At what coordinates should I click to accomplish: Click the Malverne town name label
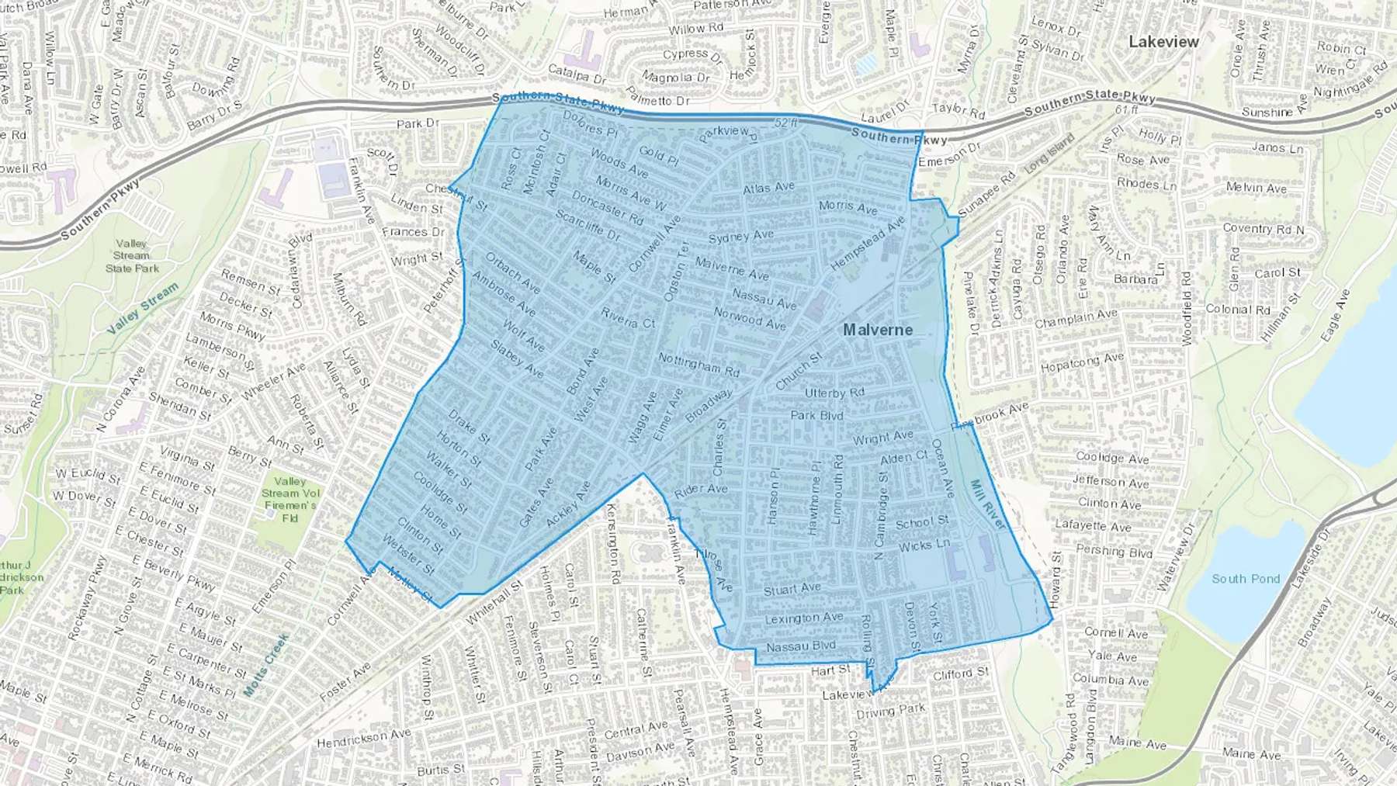[x=878, y=330]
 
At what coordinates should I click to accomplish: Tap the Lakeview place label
[x=1163, y=42]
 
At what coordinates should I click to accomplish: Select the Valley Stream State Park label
[x=132, y=256]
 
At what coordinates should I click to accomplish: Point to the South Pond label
[x=1246, y=579]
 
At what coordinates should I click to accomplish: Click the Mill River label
[x=987, y=505]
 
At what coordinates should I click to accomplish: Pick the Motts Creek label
[x=266, y=664]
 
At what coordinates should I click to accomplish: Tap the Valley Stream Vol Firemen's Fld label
[x=290, y=499]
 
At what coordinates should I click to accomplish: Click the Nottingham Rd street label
[x=698, y=364]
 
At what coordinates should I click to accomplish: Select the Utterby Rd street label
[x=834, y=393]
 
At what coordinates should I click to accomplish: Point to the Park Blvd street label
[x=816, y=415]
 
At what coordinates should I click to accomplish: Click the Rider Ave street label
[x=701, y=490]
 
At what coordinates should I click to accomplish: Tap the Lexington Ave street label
[x=803, y=618]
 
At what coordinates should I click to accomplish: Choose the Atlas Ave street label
[x=768, y=188]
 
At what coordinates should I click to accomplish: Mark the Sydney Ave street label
[x=740, y=236]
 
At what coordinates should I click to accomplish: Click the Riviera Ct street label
[x=628, y=318]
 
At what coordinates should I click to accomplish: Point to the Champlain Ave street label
[x=1076, y=318]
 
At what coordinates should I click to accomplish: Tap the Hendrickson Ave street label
[x=363, y=738]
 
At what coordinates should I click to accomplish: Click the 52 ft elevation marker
[x=786, y=123]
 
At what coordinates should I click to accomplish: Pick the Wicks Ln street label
[x=924, y=545]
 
